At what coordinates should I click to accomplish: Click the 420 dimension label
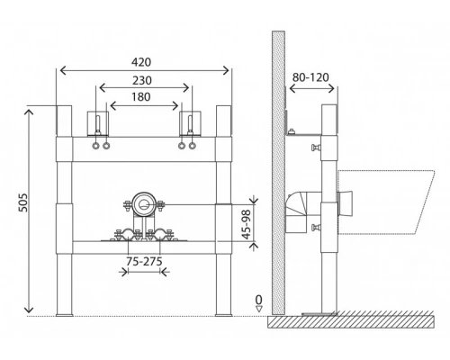pyautogui.click(x=141, y=62)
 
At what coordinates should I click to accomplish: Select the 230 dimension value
pyautogui.click(x=142, y=80)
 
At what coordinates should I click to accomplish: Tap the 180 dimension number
pyautogui.click(x=141, y=97)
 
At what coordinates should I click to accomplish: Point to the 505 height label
pyautogui.click(x=23, y=202)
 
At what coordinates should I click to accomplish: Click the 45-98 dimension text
pyautogui.click(x=246, y=224)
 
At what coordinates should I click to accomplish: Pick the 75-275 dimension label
pyautogui.click(x=144, y=261)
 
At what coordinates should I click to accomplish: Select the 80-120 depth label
pyautogui.click(x=310, y=77)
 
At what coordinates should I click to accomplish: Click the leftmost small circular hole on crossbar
pyautogui.click(x=95, y=146)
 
